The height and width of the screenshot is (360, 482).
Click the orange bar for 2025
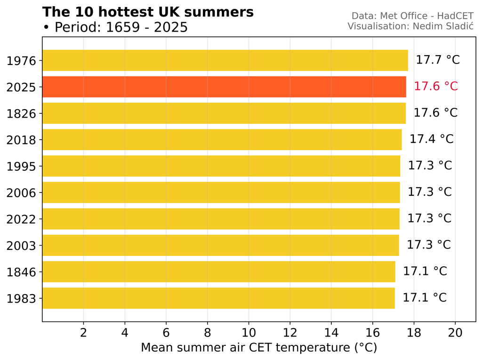tap(224, 87)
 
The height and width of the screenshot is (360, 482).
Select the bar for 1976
tap(225, 60)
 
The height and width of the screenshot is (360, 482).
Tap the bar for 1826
tap(224, 113)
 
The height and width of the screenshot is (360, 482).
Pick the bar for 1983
tap(218, 298)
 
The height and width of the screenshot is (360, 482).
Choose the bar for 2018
tap(222, 140)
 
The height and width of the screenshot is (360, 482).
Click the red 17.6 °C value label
tap(435, 87)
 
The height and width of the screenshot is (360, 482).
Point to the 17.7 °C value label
tap(437, 60)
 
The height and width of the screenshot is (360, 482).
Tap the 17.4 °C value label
tap(431, 139)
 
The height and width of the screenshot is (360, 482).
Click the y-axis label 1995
tap(22, 166)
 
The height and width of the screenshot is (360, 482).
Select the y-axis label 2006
tap(22, 192)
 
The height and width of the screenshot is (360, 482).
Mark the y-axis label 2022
tap(22, 219)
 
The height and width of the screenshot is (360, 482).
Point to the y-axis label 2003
tap(22, 245)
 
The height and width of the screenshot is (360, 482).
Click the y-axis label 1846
tap(22, 272)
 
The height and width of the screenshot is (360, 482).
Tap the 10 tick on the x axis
tap(249, 333)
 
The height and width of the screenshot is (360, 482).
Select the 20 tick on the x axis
tap(455, 333)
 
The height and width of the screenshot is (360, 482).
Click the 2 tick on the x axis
tap(84, 333)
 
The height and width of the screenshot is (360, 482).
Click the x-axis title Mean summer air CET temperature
tap(259, 348)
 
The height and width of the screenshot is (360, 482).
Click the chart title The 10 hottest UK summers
tap(148, 12)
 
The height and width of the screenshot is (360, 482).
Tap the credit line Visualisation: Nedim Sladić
tap(410, 26)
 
